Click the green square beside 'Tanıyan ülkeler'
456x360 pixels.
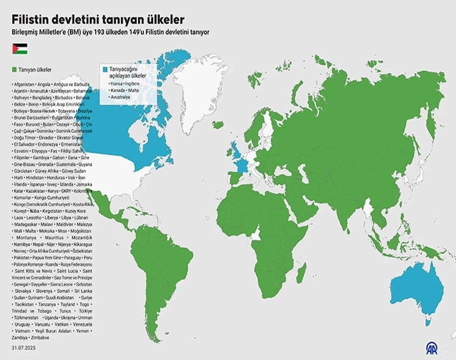(x=14, y=70)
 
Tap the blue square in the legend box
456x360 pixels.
(x=105, y=70)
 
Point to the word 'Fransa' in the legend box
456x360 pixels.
(x=117, y=83)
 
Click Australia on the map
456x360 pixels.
(x=413, y=286)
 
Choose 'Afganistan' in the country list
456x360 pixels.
(x=23, y=83)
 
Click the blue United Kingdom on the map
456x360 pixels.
(x=235, y=149)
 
